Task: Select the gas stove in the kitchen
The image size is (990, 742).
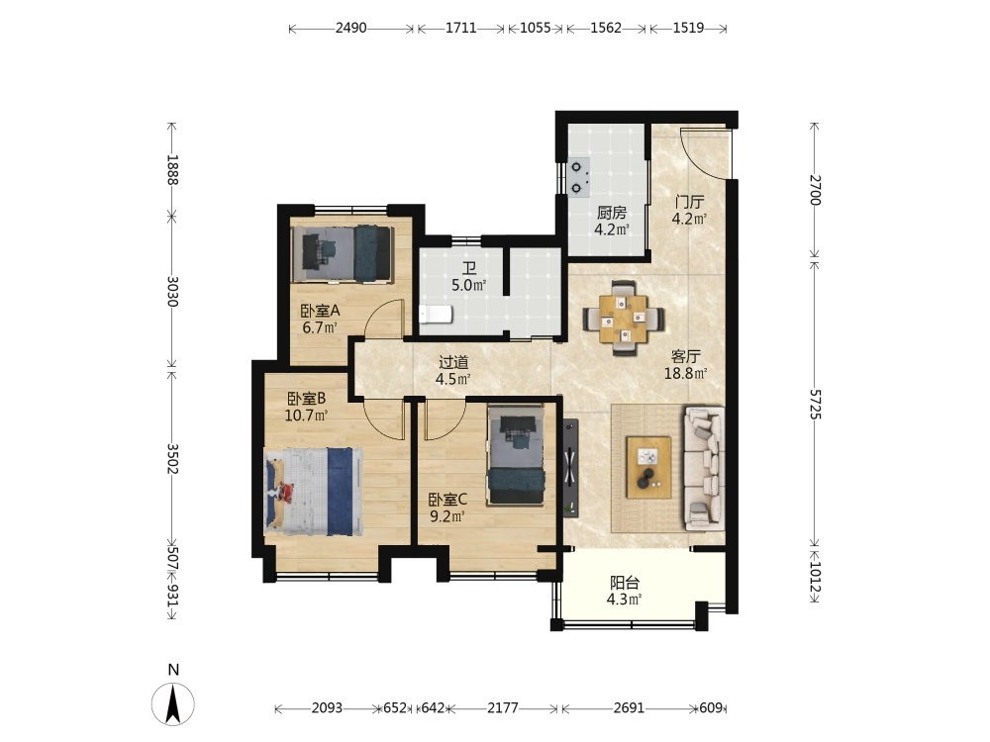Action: coord(579,177)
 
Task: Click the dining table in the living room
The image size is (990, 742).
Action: coord(623,319)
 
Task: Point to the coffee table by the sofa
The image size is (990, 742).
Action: coord(648,467)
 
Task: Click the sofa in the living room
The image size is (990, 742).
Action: coord(704,467)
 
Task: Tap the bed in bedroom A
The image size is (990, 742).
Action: coord(343,253)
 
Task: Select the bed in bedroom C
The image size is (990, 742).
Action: coord(515,455)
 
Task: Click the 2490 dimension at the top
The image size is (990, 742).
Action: coord(351,29)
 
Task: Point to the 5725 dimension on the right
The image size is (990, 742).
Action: coord(815,405)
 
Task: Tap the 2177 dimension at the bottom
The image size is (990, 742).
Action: coord(503,708)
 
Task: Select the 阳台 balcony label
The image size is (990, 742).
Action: coord(625,583)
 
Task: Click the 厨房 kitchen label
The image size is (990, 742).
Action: coord(612,214)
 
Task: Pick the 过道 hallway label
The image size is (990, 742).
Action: coord(453,362)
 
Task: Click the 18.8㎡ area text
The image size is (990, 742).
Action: coord(685,374)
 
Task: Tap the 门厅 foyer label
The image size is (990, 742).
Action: coord(689,203)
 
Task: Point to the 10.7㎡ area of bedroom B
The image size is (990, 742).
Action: coord(306,416)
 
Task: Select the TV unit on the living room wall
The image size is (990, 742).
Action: coord(571,468)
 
